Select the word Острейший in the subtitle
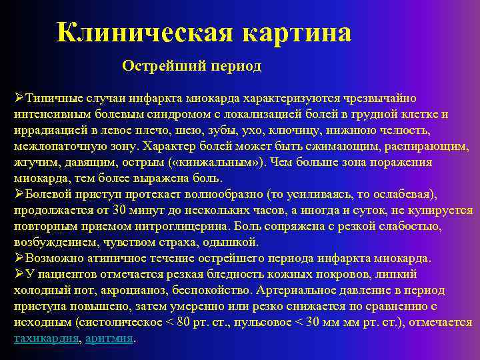click(x=156, y=66)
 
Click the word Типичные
click(x=49, y=99)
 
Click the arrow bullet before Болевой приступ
click(x=19, y=194)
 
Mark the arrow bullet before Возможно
click(x=19, y=258)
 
